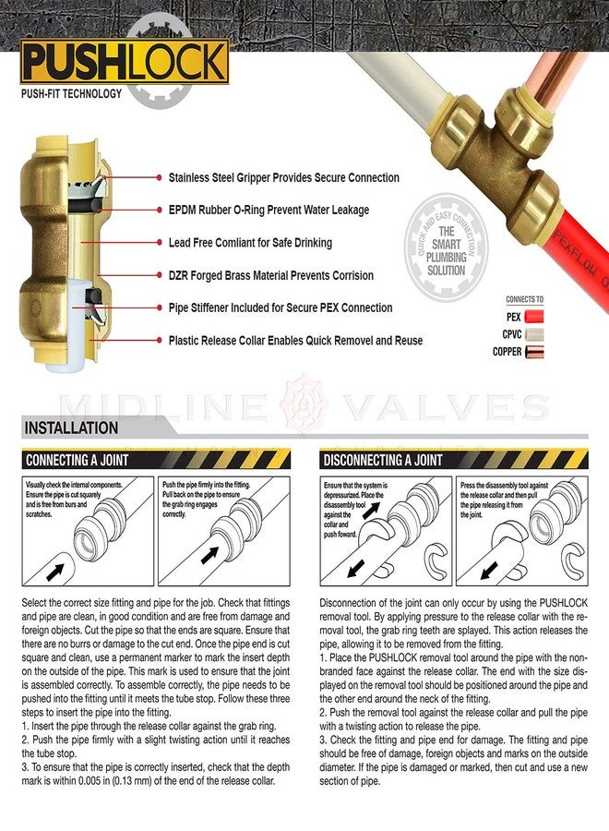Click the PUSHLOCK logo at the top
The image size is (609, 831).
[x=125, y=62]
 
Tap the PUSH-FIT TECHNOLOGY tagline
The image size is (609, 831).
[x=71, y=93]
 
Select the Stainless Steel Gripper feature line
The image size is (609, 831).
[x=283, y=177]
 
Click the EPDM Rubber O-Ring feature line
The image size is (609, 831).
[x=269, y=211]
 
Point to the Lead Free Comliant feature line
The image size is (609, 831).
[x=250, y=243]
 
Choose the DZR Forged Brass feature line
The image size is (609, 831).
[x=270, y=275]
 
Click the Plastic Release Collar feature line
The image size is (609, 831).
[x=295, y=341]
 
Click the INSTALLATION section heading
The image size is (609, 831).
[x=72, y=428]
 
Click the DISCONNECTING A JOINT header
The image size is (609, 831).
[x=384, y=459]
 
